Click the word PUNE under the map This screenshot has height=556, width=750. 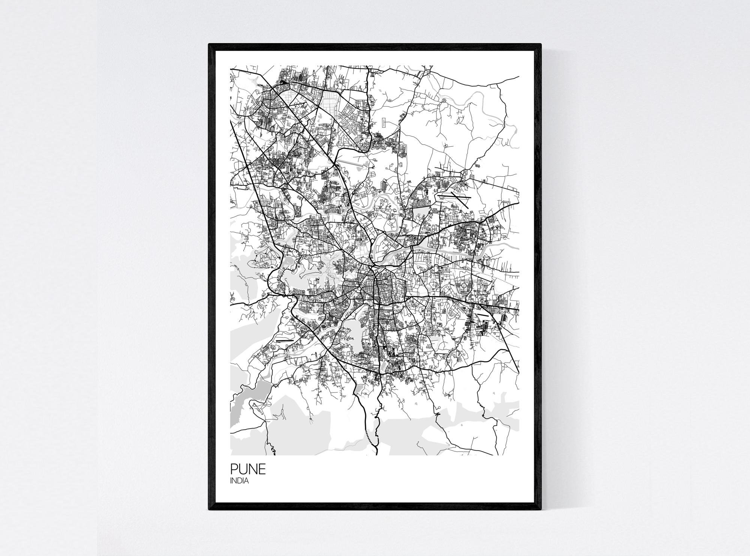(248, 469)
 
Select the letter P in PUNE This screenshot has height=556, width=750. (234, 469)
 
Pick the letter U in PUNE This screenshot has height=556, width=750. (243, 469)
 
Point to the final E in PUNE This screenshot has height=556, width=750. (262, 469)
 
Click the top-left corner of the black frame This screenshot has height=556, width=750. (209, 45)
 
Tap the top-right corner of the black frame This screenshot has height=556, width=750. (540, 45)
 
